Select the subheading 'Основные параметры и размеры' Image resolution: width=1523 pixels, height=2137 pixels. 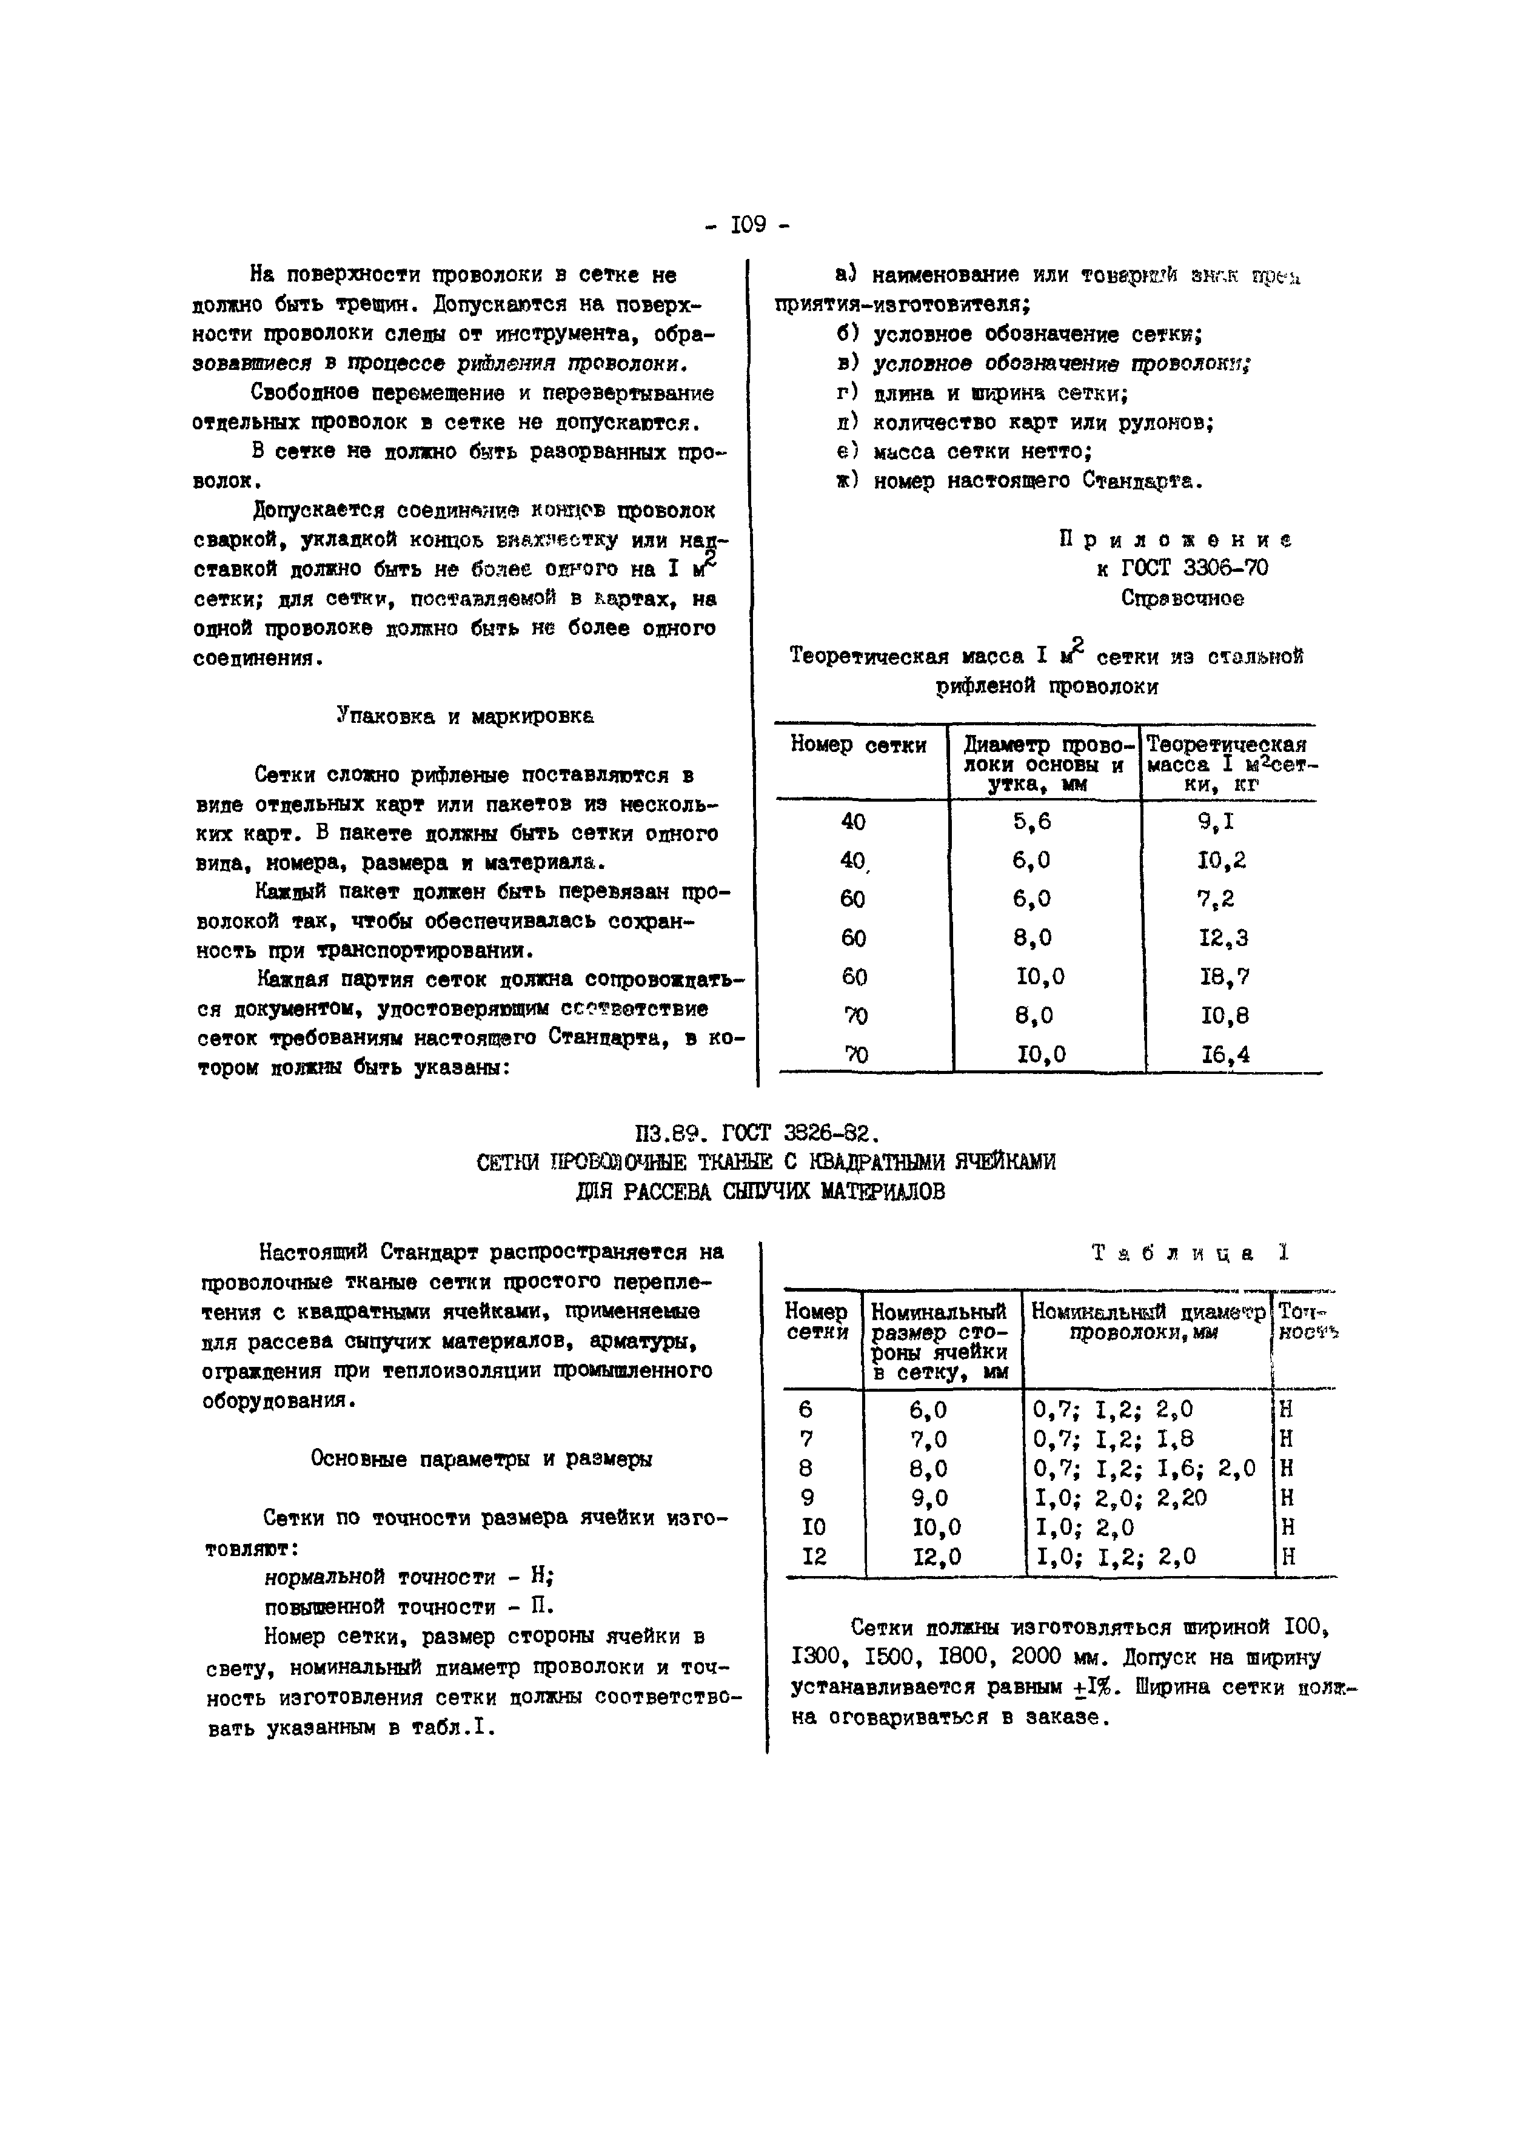tap(481, 1460)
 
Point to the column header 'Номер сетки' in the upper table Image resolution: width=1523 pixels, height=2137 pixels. tap(858, 746)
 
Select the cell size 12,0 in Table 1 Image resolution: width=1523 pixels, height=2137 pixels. tap(937, 1557)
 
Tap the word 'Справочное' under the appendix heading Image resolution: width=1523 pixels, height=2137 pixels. tap(1182, 599)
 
